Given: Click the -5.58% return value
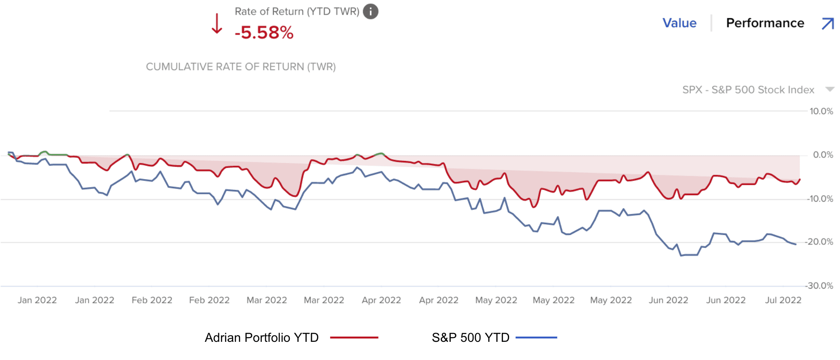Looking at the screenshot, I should click(264, 33).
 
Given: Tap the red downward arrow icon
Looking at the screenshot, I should click(217, 24).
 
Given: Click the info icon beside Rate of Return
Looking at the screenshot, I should click(370, 12).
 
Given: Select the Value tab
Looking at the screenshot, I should click(679, 23).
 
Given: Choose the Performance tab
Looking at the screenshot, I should click(765, 23).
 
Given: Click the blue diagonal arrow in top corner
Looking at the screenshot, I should click(827, 23).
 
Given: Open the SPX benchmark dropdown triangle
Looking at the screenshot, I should click(829, 90).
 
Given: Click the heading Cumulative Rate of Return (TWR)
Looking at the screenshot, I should click(240, 67).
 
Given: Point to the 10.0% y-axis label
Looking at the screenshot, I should click(821, 111).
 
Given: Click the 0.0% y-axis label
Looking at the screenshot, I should click(823, 155).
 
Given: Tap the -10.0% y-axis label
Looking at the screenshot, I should click(820, 199).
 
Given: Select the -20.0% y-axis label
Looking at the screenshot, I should click(819, 242).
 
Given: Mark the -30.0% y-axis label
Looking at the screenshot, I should click(819, 286).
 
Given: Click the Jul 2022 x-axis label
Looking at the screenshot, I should click(783, 300).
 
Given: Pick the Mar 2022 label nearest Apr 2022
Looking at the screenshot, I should click(324, 300).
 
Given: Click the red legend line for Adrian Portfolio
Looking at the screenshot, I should click(354, 337).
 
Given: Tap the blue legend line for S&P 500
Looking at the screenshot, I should click(536, 337).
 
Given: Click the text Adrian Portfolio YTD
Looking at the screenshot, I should click(261, 337).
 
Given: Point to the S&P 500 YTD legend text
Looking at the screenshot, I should click(470, 337).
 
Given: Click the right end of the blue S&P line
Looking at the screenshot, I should click(795, 244).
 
